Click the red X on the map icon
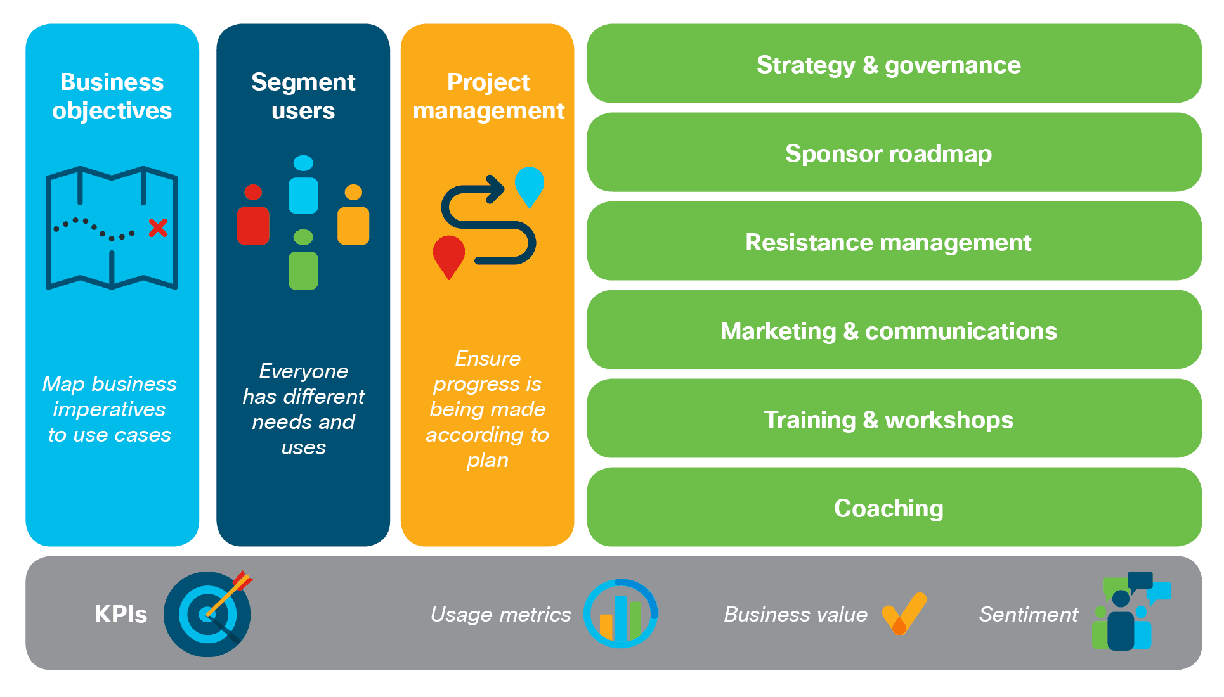pos(158,227)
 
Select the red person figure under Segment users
pos(253,215)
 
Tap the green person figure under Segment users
pos(303,259)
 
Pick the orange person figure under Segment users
pos(353,215)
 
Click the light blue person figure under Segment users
pos(303,184)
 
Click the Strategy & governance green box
pos(894,63)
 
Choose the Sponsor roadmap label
pos(889,153)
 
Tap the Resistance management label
pos(889,242)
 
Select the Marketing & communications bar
pos(894,329)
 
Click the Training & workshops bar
pos(894,418)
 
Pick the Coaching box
pos(894,507)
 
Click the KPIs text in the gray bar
pos(120,614)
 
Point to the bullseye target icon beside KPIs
pos(207,614)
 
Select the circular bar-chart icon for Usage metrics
pos(620,613)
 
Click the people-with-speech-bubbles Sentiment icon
pos(1131,611)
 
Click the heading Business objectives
pos(112,96)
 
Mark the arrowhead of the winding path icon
pos(495,189)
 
